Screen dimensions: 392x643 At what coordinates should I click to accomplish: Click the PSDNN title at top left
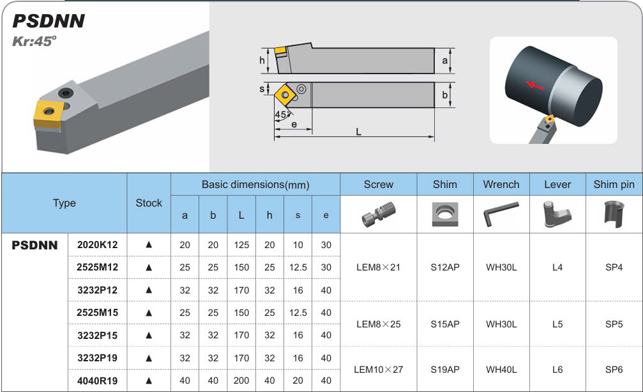(49, 21)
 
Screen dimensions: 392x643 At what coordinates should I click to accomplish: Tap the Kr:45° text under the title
(34, 41)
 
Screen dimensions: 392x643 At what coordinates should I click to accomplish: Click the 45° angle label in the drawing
(282, 114)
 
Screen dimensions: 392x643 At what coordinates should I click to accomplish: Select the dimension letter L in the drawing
(359, 131)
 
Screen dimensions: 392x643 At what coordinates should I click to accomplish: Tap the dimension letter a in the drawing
(445, 60)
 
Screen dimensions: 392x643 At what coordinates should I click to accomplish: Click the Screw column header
(379, 184)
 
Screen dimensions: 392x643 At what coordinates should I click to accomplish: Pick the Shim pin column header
(614, 184)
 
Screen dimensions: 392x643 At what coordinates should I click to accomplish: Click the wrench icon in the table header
(501, 214)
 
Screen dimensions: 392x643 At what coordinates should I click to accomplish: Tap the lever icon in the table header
(557, 214)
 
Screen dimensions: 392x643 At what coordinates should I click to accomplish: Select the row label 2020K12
(98, 245)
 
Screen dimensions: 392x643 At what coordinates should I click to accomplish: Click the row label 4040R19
(98, 380)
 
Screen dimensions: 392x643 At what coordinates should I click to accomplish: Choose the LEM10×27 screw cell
(379, 369)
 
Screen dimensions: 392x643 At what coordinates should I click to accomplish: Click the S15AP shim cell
(445, 324)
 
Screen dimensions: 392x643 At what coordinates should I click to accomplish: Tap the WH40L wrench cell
(501, 369)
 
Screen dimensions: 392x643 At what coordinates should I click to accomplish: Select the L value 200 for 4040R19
(241, 380)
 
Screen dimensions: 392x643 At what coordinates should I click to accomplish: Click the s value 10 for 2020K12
(298, 245)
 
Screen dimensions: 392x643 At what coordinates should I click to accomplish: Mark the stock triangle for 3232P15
(149, 335)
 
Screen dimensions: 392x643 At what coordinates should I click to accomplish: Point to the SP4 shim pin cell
(614, 267)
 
